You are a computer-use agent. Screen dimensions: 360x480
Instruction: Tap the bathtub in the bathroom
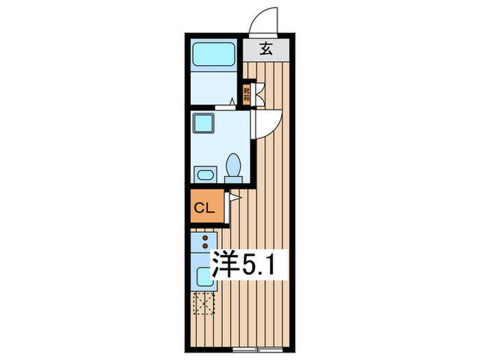(213, 53)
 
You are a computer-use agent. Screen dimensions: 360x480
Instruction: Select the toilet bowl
(233, 165)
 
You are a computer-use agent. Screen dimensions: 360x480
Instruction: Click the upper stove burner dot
(205, 238)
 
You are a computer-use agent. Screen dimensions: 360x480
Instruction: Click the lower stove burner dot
(205, 245)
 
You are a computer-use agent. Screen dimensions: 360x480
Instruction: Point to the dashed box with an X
(204, 304)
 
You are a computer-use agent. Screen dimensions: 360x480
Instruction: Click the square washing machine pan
(204, 123)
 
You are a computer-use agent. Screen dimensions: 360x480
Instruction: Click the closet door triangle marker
(234, 198)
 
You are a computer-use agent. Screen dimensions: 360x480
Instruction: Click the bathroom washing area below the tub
(213, 88)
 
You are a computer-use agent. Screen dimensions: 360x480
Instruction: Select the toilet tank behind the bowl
(233, 180)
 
